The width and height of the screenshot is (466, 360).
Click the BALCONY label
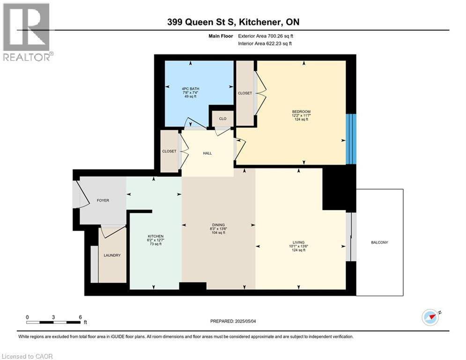pyautogui.click(x=379, y=242)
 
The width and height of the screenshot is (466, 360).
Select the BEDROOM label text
pyautogui.click(x=301, y=112)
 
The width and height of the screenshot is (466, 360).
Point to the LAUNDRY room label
pyautogui.click(x=112, y=255)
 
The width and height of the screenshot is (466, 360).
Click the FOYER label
pyautogui.click(x=103, y=201)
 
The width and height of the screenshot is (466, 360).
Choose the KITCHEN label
pyautogui.click(x=155, y=236)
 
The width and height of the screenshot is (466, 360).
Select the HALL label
pyautogui.click(x=207, y=153)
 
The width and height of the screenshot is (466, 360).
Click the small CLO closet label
pyautogui.click(x=222, y=119)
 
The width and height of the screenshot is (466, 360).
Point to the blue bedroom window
pyautogui.click(x=351, y=139)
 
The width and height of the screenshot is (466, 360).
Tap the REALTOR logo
pyautogui.click(x=27, y=32)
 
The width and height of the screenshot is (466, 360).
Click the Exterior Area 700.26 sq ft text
pyautogui.click(x=266, y=36)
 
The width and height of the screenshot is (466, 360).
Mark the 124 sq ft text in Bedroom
pyautogui.click(x=301, y=119)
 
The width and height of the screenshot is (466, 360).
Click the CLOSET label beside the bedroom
pyautogui.click(x=244, y=93)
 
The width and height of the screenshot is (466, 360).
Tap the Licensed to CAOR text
pyautogui.click(x=27, y=356)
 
